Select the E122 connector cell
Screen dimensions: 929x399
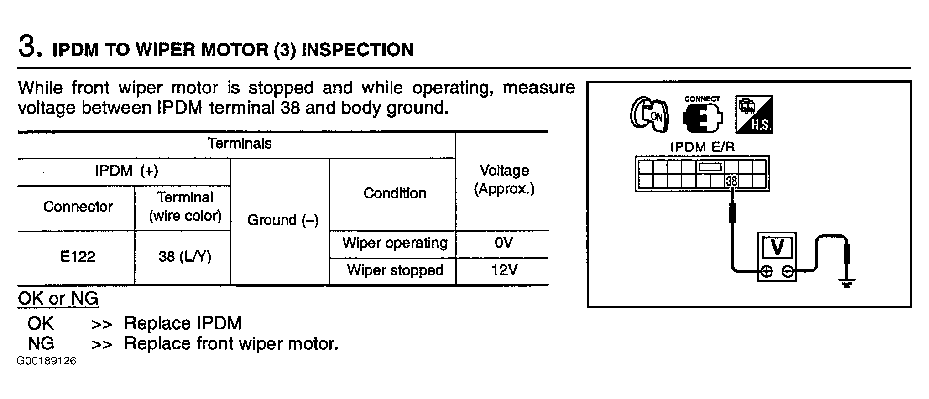pyautogui.click(x=78, y=257)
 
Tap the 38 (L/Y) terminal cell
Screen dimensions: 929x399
pyautogui.click(x=185, y=257)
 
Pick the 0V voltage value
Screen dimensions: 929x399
pyautogui.click(x=504, y=243)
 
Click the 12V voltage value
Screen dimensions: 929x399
pyautogui.click(x=504, y=270)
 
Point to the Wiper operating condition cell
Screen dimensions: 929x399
pyautogui.click(x=395, y=243)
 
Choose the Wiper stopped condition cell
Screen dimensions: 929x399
pyautogui.click(x=395, y=270)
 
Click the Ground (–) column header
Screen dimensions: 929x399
pyautogui.click(x=283, y=220)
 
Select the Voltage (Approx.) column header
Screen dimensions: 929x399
pyautogui.click(x=504, y=180)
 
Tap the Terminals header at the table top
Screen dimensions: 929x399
pyautogui.click(x=240, y=144)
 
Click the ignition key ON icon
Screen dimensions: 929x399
pyautogui.click(x=649, y=114)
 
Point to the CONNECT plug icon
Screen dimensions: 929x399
pyautogui.click(x=702, y=114)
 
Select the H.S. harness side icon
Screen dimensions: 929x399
pyautogui.click(x=754, y=114)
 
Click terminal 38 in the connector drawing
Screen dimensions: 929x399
pyautogui.click(x=731, y=181)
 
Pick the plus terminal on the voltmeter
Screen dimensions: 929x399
pyautogui.click(x=767, y=272)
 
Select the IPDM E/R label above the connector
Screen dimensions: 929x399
pyautogui.click(x=702, y=147)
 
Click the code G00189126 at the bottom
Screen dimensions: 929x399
pyautogui.click(x=47, y=361)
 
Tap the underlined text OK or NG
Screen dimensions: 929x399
pyautogui.click(x=58, y=299)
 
